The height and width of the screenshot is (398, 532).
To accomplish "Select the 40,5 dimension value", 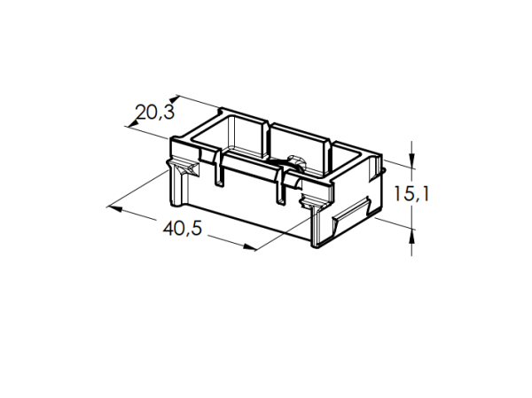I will click(184, 228).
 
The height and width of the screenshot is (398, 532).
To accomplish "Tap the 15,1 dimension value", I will click(411, 193).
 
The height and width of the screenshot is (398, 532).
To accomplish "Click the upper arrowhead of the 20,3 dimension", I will click(176, 98).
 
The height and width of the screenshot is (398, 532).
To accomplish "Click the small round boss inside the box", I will click(293, 161).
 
